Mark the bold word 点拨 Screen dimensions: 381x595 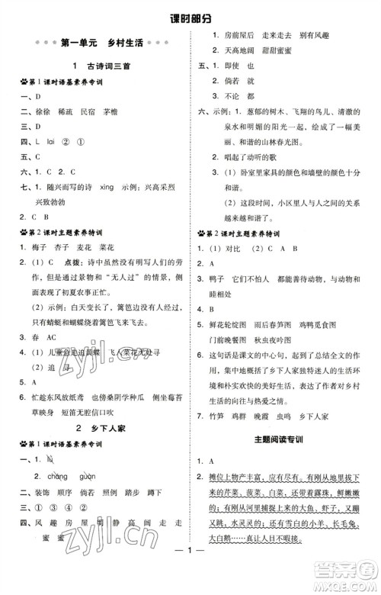78,265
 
